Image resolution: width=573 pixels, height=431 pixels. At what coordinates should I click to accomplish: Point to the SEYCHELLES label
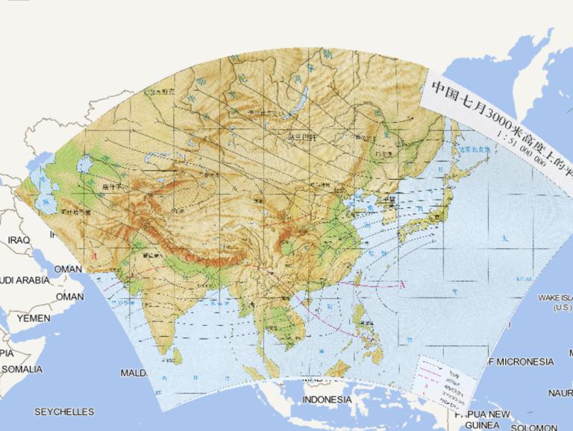point(64,412)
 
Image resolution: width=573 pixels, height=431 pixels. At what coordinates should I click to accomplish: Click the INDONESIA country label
point(327,400)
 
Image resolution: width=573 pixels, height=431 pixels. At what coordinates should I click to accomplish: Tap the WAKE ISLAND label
point(554,301)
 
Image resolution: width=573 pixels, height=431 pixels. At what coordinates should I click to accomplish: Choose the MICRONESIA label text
point(525,362)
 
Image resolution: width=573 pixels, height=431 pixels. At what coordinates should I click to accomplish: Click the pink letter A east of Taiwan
point(402,284)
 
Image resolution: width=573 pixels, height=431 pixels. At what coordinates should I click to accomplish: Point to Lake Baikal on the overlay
point(301,98)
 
